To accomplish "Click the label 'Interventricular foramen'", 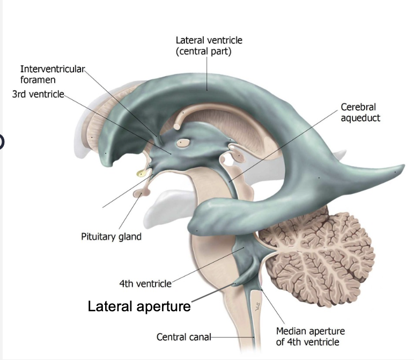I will click(x=53, y=74).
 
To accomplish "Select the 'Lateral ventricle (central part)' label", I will click(x=209, y=46).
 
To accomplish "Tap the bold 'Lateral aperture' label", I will click(x=139, y=306).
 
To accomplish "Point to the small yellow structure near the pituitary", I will click(x=141, y=172).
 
